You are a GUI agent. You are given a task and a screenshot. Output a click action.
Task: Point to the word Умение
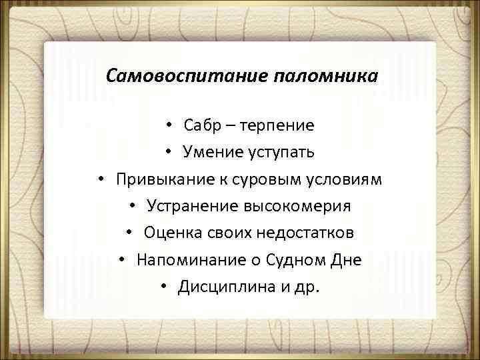211,153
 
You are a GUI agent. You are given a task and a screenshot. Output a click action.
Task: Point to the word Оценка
170,233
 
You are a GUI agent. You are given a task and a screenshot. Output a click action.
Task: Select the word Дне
347,260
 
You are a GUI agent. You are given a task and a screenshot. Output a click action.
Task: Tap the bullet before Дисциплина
165,287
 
